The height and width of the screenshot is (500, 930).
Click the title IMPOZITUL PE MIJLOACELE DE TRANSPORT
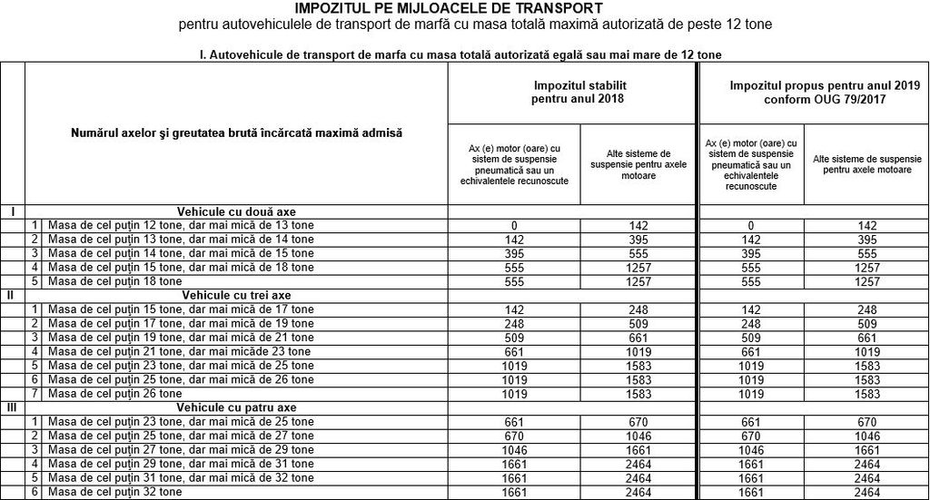(474, 8)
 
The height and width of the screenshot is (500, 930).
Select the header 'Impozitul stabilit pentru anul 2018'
(573, 92)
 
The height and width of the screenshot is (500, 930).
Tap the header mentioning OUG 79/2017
(812, 92)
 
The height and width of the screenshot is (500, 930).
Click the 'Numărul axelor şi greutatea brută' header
(236, 132)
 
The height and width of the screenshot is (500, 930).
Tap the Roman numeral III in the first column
(11, 408)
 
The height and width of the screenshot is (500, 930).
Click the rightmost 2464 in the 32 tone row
(867, 491)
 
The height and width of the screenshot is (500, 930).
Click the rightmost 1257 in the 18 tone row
(867, 281)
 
